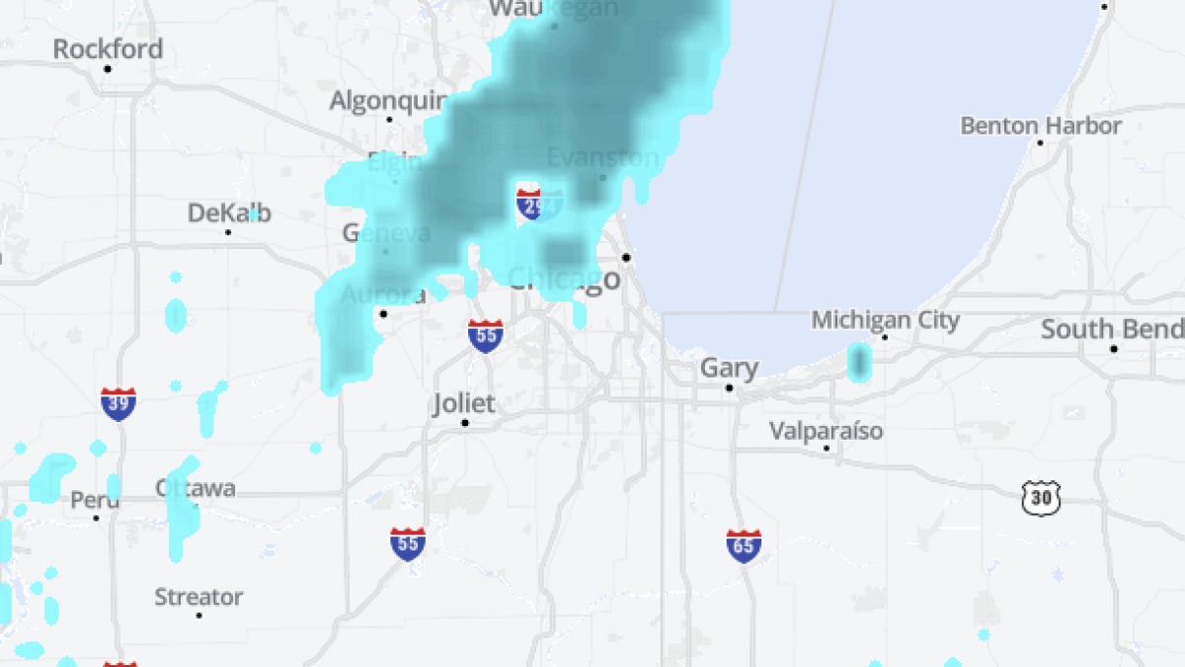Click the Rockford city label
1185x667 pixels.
[108, 48]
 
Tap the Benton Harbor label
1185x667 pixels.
[1041, 125]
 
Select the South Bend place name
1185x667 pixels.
[1112, 329]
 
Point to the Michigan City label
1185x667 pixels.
[885, 320]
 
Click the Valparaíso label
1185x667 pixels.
[827, 431]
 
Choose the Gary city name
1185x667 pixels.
[730, 369]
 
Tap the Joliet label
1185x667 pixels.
[464, 403]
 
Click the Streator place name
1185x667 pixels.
[198, 597]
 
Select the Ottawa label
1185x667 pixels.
[196, 488]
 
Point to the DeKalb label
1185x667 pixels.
[229, 213]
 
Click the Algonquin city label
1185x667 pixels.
[389, 101]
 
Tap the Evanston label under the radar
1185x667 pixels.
[602, 158]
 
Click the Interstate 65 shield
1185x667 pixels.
[744, 545]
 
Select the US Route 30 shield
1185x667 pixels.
[1040, 498]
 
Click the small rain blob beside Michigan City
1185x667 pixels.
[858, 362]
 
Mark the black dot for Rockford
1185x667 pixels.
[108, 69]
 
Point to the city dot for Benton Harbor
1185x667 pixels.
[1040, 143]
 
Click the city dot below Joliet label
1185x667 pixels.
[464, 423]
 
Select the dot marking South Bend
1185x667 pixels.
[1113, 349]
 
